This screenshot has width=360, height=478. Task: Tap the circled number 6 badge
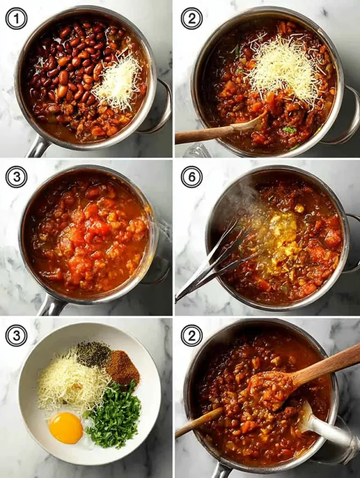192,177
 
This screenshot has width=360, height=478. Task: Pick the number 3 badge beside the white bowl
16,336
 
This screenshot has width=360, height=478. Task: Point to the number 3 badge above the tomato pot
16,177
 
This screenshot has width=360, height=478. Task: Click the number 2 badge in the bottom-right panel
192,336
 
